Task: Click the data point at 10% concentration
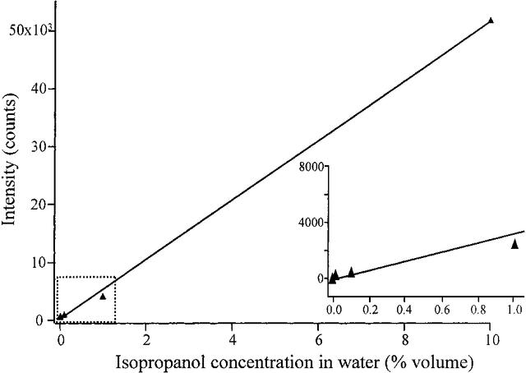pos(491,20)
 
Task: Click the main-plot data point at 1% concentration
pos(103,296)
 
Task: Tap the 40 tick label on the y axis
pos(37,89)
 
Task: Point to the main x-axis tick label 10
pos(491,338)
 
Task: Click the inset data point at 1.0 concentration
pos(514,244)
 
